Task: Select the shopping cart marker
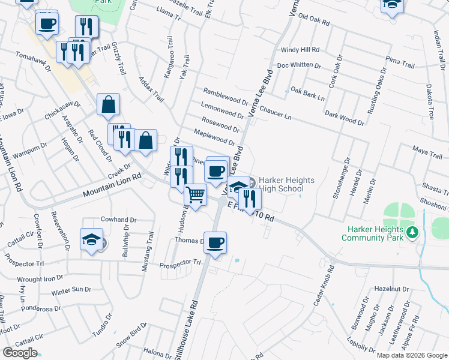[195, 196]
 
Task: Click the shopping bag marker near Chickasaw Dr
[108, 104]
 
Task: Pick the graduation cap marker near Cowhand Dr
[92, 239]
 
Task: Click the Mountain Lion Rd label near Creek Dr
[111, 185]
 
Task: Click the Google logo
[20, 353]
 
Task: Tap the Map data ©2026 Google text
[411, 355]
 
